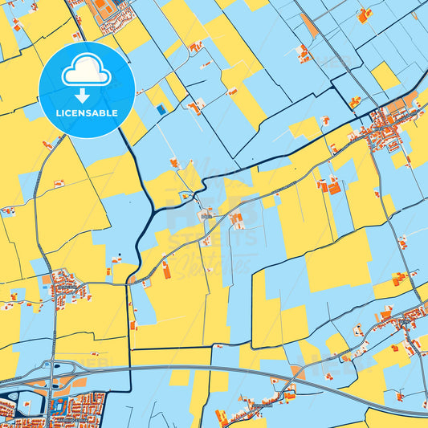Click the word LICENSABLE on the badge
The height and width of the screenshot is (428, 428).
86,113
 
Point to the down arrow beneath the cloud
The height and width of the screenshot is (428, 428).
86,94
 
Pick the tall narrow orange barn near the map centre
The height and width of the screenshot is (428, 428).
166,271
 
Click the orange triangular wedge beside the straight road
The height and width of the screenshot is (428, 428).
309,26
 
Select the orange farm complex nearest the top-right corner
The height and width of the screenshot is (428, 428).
365,14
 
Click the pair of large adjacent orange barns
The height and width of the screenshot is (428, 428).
332,187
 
